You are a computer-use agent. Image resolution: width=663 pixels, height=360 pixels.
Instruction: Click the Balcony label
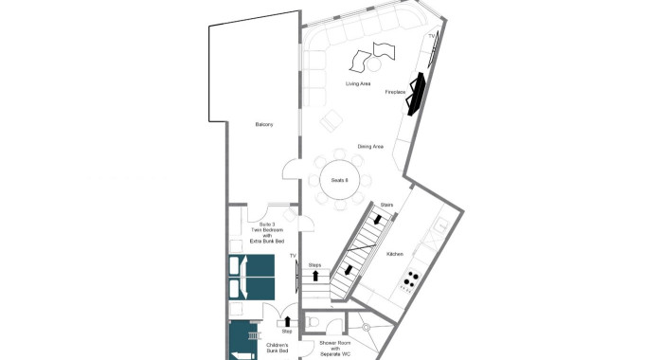tap(264, 124)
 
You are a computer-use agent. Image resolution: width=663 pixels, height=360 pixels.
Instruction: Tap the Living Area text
tap(358, 83)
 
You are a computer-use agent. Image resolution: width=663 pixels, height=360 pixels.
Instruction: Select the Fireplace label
tap(395, 92)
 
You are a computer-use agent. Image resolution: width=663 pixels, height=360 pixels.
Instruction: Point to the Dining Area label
tap(371, 147)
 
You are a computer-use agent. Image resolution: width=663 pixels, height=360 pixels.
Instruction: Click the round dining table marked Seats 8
tap(339, 180)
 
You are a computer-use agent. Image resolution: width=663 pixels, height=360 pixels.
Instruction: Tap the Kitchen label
tap(395, 254)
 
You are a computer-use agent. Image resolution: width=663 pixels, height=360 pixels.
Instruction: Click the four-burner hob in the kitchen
tap(411, 279)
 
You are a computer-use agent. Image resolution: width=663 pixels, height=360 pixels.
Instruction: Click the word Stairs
tap(386, 205)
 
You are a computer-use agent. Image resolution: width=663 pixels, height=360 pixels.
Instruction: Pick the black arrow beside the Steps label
tap(315, 276)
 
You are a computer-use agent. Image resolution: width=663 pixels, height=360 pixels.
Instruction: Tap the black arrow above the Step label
tap(288, 321)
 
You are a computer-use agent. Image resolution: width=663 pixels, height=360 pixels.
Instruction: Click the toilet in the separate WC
tap(312, 321)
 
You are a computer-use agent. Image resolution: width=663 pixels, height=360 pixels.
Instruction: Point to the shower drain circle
tap(366, 327)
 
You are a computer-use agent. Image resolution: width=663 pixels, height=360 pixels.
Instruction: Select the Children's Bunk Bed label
tap(278, 348)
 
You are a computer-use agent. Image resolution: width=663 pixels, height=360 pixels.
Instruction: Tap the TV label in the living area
tap(432, 36)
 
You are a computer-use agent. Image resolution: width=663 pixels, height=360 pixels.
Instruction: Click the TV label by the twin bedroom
tap(293, 256)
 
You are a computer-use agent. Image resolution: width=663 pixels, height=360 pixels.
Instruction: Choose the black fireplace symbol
tap(415, 94)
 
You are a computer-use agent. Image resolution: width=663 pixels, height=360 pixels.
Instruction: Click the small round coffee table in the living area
tap(374, 64)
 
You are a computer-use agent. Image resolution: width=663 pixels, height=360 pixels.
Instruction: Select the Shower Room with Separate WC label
tap(335, 349)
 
